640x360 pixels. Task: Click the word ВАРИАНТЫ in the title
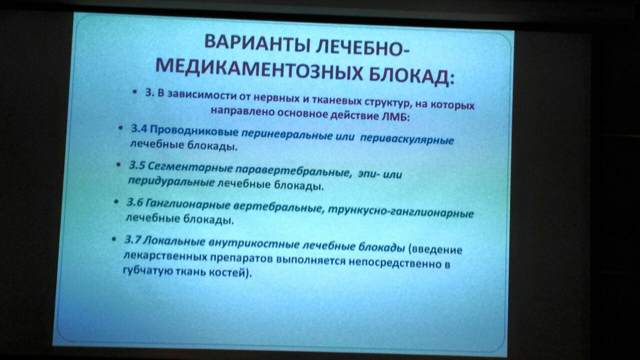257,43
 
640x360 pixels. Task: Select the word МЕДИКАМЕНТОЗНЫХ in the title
259,70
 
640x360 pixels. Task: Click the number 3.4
139,129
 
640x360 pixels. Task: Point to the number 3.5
137,165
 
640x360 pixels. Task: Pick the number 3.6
134,202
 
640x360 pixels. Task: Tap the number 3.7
132,239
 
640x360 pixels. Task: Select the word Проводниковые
194,131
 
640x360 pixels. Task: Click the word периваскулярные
407,139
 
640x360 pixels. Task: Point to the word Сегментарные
190,167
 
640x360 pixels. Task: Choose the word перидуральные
171,181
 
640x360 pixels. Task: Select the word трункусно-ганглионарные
401,211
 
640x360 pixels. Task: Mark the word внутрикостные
254,243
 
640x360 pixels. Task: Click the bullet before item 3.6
116,201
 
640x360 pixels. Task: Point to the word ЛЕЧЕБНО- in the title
362,47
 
